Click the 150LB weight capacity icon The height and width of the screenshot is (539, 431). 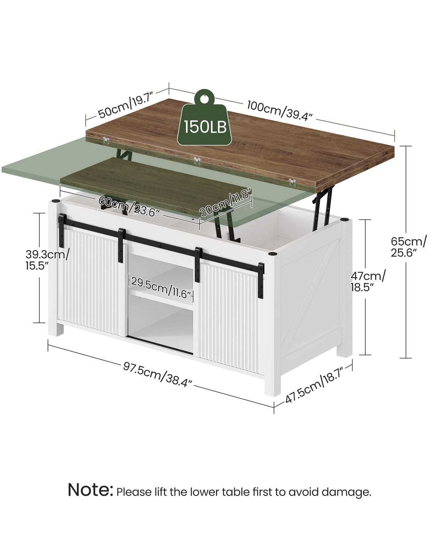[204, 118]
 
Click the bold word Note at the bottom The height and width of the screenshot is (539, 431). [91, 490]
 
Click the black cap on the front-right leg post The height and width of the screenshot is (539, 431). [272, 254]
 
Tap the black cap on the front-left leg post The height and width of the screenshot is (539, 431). [55, 201]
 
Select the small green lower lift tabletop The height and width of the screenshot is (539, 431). [156, 186]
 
